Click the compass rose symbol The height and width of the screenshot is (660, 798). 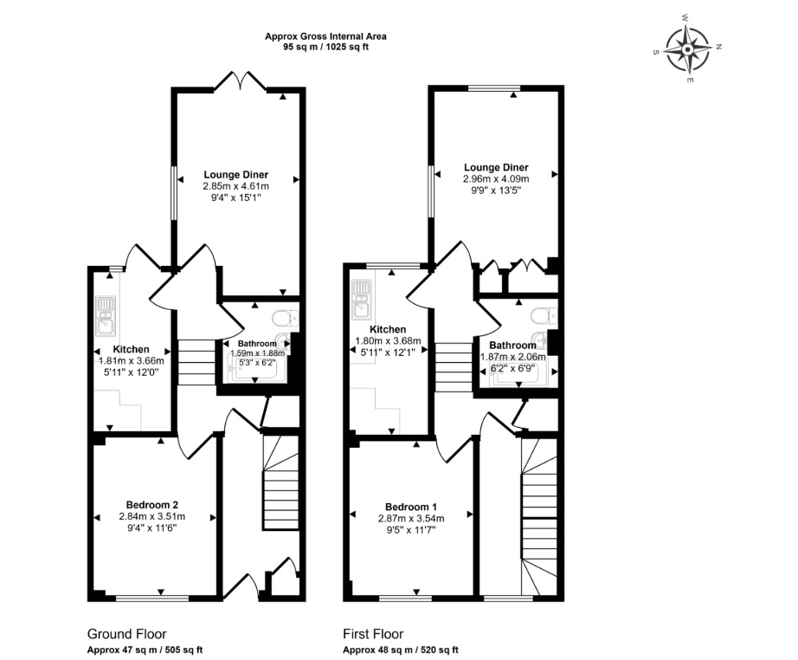(687, 50)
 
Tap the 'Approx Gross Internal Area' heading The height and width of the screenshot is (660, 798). (325, 36)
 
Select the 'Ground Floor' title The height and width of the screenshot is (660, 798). (126, 634)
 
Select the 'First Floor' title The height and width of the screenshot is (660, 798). (373, 634)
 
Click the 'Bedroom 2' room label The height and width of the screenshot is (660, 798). (152, 505)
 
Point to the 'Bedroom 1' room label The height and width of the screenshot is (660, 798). (411, 508)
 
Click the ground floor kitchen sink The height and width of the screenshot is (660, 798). (106, 316)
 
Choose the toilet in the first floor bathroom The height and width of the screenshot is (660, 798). (544, 316)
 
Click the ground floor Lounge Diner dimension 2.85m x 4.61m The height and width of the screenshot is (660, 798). (236, 186)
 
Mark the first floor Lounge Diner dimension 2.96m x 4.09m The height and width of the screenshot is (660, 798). (496, 179)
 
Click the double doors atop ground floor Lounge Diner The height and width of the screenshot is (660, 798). (241, 82)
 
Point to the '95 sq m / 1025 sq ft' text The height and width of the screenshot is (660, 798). (325, 48)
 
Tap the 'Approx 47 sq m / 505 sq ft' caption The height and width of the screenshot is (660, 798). (145, 650)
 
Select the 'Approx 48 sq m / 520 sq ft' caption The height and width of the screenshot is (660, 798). (401, 650)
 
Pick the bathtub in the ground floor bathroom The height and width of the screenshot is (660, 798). (255, 368)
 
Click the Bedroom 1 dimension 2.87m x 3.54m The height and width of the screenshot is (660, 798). (411, 519)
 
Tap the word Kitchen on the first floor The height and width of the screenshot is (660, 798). (388, 329)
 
